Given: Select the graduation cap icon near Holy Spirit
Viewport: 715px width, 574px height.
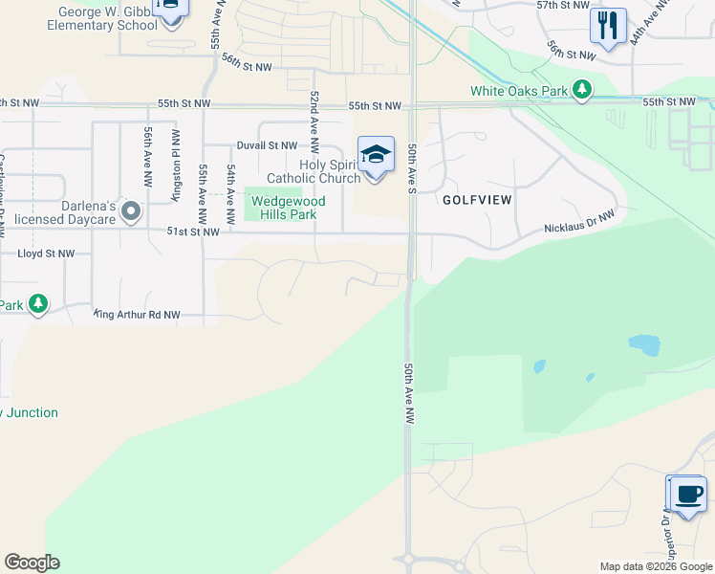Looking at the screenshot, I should tap(376, 154).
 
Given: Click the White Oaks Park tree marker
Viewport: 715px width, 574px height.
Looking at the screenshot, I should tap(580, 92).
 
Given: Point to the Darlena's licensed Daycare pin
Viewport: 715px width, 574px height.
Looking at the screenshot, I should tap(131, 210).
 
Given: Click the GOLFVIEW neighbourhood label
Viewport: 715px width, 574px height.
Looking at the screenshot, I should tap(477, 201).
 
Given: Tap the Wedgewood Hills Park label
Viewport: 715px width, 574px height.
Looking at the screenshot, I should tap(287, 208).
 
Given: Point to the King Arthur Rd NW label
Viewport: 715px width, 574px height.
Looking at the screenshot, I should tap(138, 314).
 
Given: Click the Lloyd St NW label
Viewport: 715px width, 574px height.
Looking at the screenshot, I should tap(46, 254).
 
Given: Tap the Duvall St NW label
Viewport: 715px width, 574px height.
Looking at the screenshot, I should tap(267, 146).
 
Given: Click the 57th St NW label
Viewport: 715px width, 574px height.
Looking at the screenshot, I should tap(562, 6).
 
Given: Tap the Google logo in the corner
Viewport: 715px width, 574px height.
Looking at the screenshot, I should tap(32, 563).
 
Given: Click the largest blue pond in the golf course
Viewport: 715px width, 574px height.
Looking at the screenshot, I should tap(643, 344).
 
